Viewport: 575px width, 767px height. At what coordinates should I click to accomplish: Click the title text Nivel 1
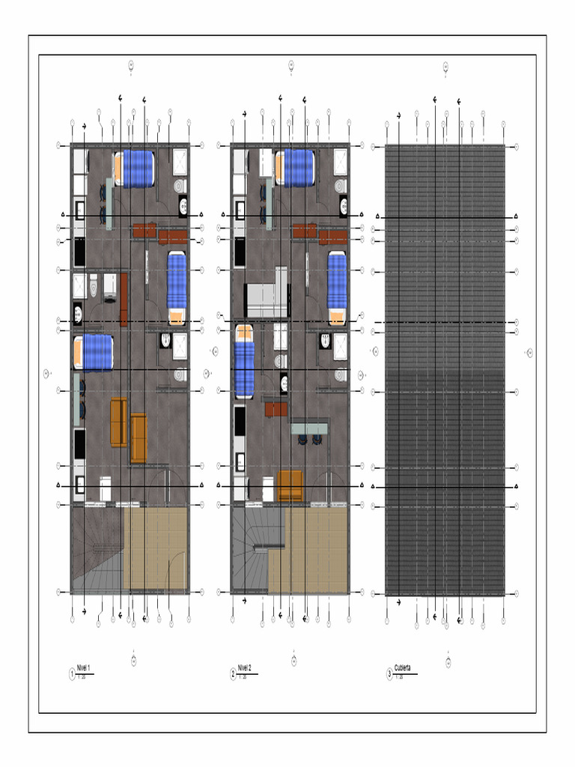[83, 667]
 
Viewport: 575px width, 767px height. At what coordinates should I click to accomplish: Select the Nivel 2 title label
[244, 667]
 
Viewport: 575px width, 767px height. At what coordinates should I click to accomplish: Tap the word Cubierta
[402, 667]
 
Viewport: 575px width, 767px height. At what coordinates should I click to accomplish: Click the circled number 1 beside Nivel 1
[72, 674]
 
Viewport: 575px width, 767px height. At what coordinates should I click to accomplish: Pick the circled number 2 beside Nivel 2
[233, 674]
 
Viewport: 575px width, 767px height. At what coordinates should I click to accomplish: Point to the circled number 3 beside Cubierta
[389, 674]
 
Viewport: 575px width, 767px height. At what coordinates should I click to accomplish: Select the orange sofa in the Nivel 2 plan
[290, 485]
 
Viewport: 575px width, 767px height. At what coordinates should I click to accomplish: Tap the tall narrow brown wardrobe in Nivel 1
[124, 300]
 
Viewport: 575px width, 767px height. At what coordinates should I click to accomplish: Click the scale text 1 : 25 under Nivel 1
[83, 677]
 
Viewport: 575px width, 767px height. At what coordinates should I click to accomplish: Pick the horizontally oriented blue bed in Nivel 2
[294, 168]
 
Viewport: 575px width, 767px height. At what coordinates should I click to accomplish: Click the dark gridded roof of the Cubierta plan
[445, 370]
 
